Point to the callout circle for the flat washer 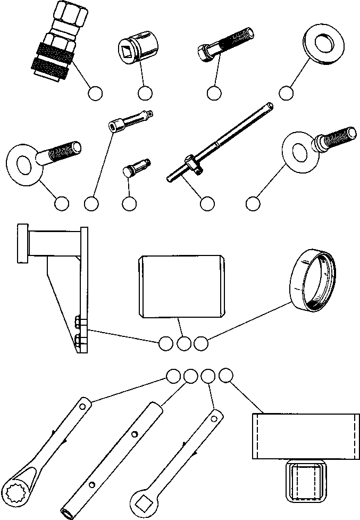click(286, 93)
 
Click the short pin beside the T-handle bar click(137, 166)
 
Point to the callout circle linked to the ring click(200, 344)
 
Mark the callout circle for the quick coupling click(95, 93)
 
